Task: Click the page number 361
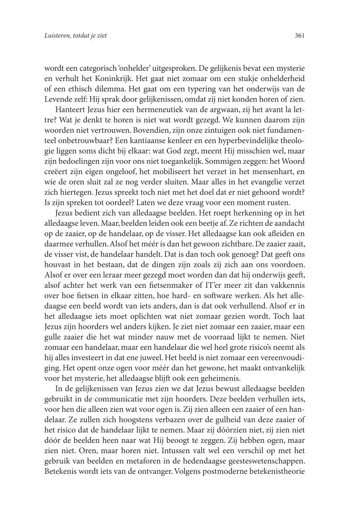point(300,35)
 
